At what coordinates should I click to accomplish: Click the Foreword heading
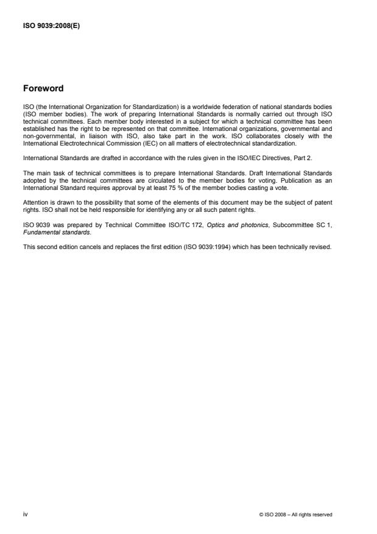coord(43,88)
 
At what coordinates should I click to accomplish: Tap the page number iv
coord(25,514)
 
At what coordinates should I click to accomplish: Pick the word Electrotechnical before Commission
coord(79,144)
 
